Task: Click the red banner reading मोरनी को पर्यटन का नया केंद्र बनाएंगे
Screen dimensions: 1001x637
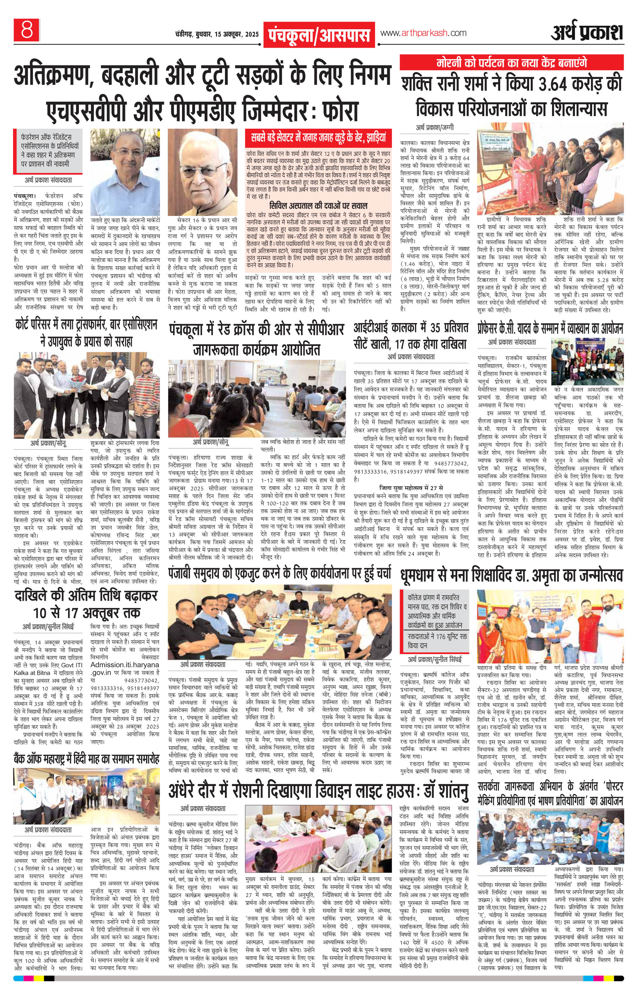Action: [511, 63]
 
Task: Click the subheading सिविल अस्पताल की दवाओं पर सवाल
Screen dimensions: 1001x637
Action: [318, 205]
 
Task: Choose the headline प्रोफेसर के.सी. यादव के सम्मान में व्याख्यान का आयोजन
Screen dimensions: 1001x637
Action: [550, 329]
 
